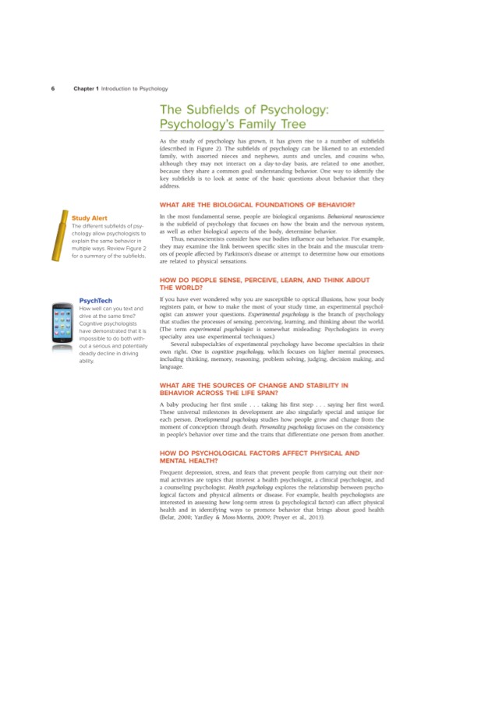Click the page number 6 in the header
[53, 88]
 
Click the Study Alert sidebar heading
[90, 217]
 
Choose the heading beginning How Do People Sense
[253, 280]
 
